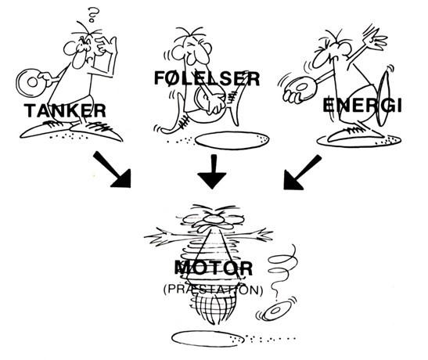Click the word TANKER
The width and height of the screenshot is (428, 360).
(x=65, y=111)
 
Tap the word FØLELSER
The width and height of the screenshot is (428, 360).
(x=207, y=78)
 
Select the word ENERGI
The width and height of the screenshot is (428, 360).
(x=362, y=106)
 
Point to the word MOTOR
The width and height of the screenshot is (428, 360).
(x=214, y=268)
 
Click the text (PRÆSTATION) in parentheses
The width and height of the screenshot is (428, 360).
(x=214, y=290)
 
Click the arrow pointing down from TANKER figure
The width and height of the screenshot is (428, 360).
(x=112, y=170)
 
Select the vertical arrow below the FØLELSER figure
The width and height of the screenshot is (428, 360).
(x=212, y=171)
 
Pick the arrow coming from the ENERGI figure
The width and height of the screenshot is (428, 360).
(x=303, y=172)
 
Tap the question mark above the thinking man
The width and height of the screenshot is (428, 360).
(x=93, y=14)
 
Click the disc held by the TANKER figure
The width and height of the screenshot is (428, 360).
(x=31, y=83)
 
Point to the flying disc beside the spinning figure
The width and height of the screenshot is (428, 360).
(x=275, y=311)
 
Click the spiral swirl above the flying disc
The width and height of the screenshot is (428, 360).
(x=282, y=270)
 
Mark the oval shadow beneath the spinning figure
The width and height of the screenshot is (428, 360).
(x=207, y=339)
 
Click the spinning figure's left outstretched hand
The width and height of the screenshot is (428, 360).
(x=156, y=236)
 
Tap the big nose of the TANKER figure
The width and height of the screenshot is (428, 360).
(x=78, y=58)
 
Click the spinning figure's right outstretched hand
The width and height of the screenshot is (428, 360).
(x=261, y=234)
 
